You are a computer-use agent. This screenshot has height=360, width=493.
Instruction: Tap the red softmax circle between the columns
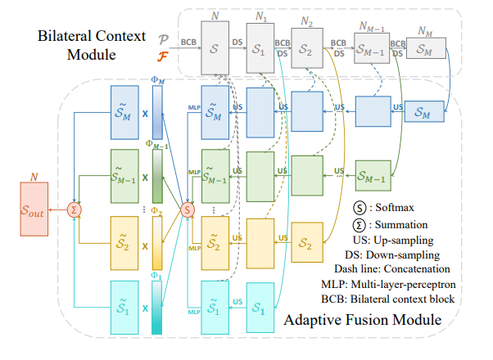pyautogui.click(x=188, y=209)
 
